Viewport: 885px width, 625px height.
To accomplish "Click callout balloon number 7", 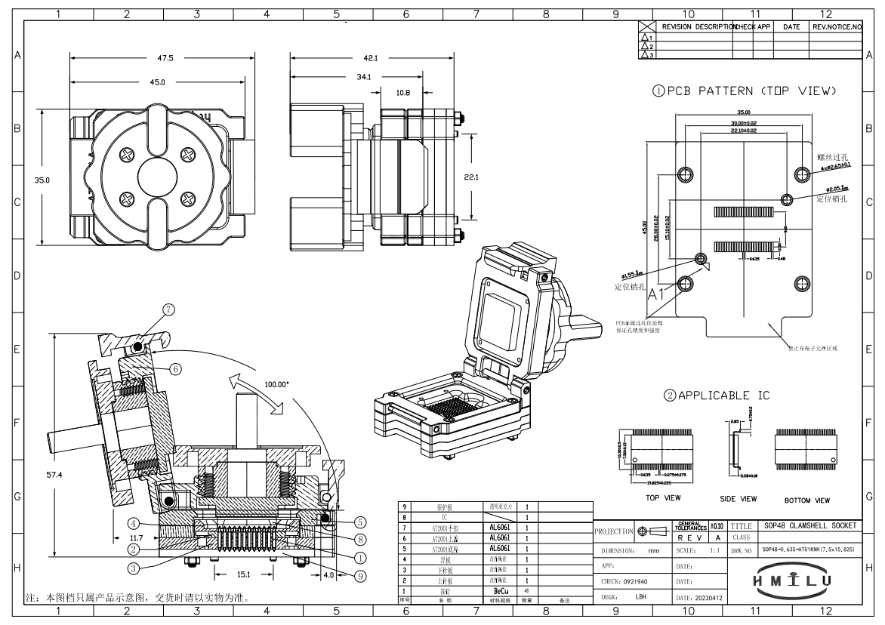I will click(168, 309).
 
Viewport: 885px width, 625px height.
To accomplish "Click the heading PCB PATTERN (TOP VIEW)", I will click(747, 91).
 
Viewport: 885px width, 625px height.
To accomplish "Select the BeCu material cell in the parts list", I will click(499, 591).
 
